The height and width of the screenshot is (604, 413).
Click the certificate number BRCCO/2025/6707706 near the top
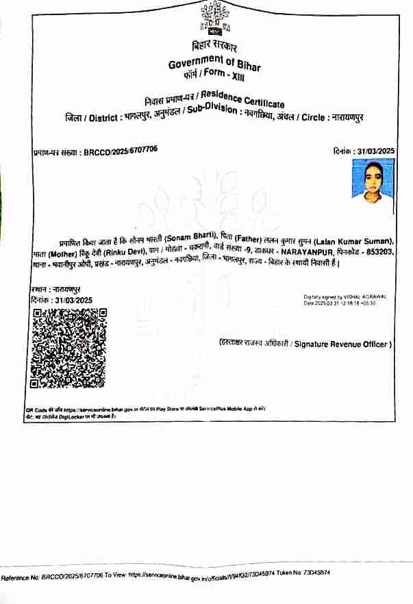(x=120, y=151)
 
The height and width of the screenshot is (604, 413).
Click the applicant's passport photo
(x=372, y=181)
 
